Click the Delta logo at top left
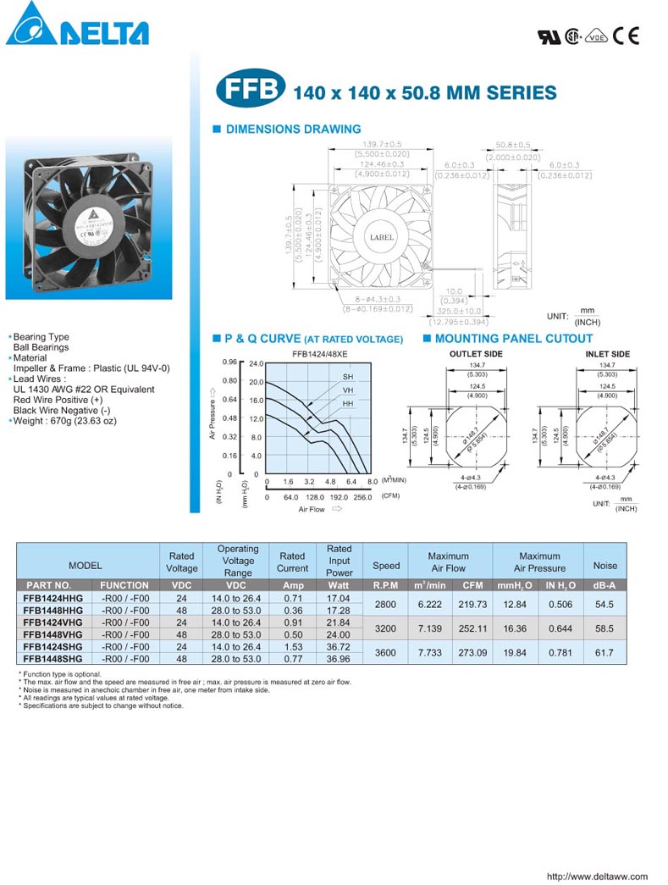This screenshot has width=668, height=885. pos(77,26)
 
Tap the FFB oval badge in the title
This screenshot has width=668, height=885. pos(251,91)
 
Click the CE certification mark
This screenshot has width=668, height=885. pos(627,36)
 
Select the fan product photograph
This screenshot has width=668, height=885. pos(88,218)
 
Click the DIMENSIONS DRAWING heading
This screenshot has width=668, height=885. pos(292,130)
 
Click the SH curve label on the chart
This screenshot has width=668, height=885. pos(348,376)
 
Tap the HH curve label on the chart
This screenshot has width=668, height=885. pos(348,404)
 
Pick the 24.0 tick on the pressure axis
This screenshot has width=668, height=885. pos(257,363)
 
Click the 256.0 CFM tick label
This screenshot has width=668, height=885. pos(362,497)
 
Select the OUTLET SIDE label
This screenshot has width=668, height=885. pos(476,354)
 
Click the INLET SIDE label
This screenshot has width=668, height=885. pos(608,354)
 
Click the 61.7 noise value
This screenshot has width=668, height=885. pos(605,652)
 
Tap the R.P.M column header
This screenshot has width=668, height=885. pos(386,585)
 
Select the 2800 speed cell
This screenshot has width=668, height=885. pos(386,604)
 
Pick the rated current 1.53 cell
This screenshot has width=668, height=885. pos(292,646)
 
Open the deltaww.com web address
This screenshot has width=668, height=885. pos(597,877)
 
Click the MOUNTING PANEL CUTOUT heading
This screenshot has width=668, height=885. pos(513,339)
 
